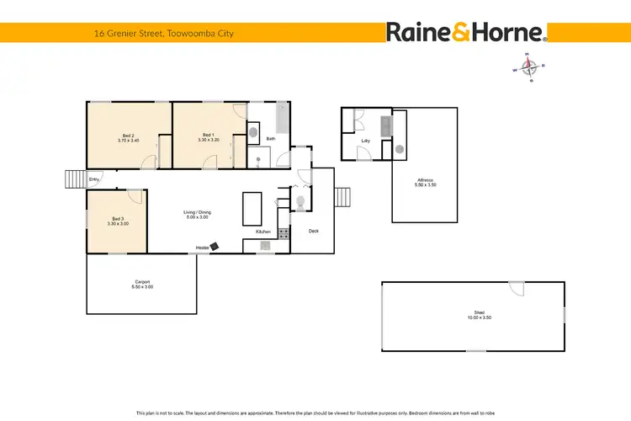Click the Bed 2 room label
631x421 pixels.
click(x=129, y=136)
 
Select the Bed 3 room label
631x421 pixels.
click(x=93, y=221)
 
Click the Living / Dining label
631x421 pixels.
click(x=197, y=214)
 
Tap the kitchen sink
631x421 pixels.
click(x=264, y=246)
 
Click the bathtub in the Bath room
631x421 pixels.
click(x=281, y=117)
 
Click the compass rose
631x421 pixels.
click(x=529, y=68)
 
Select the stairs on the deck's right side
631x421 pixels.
click(x=342, y=197)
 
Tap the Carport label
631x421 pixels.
click(x=142, y=284)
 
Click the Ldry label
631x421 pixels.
click(x=367, y=141)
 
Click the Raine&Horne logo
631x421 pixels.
click(x=467, y=32)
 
